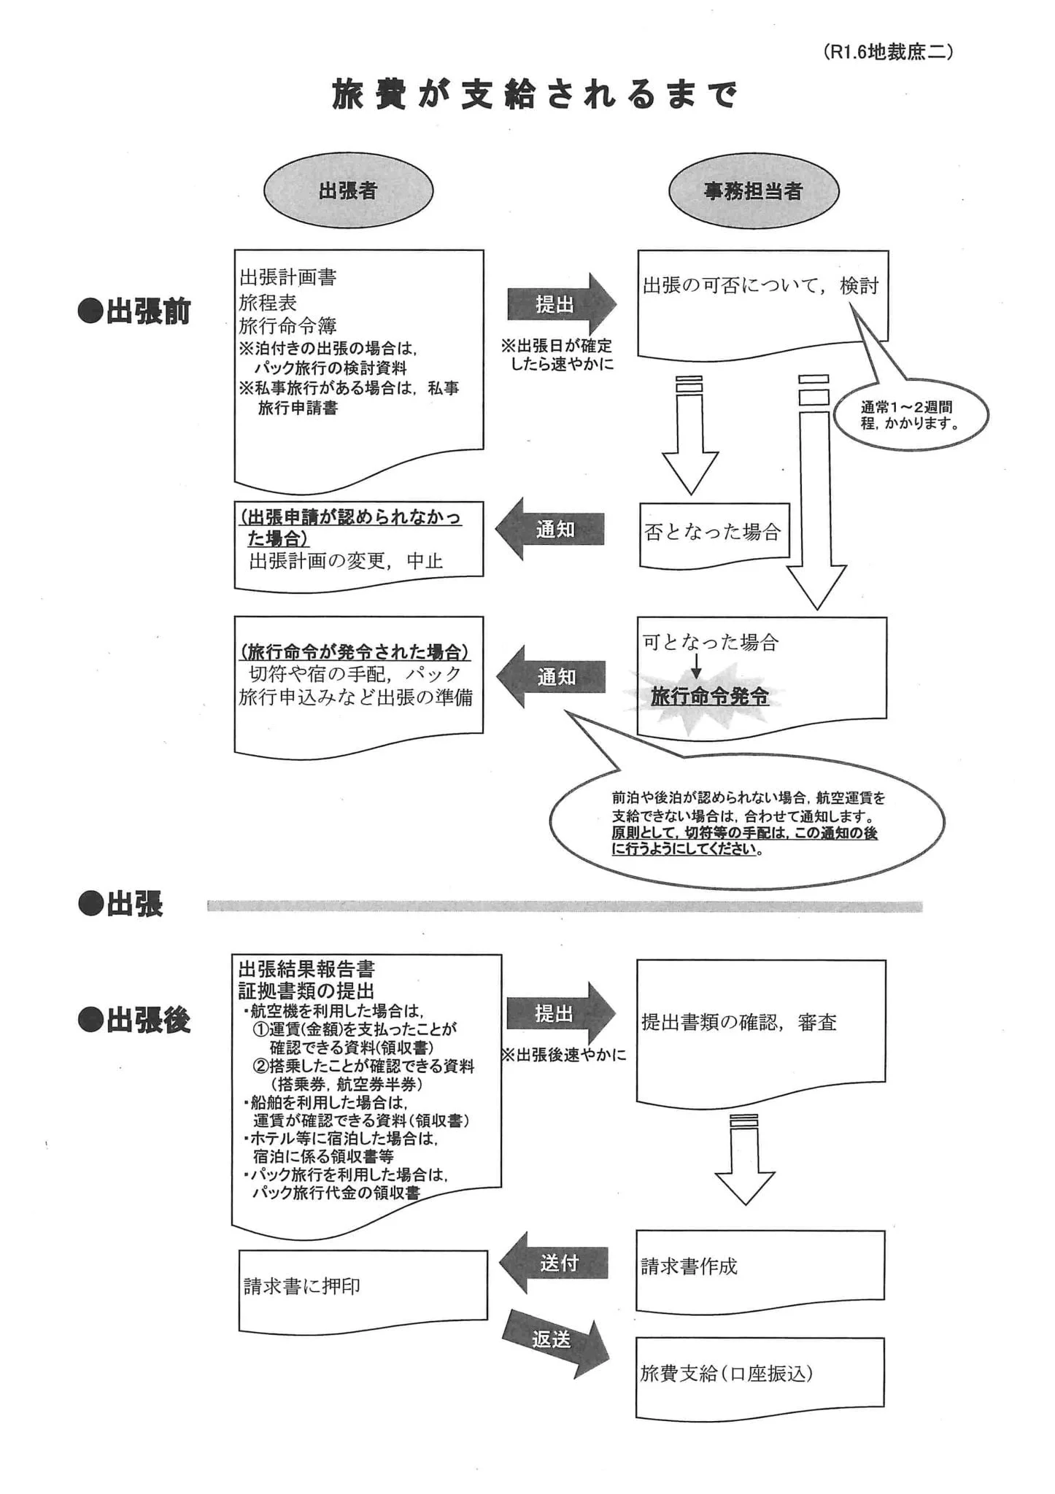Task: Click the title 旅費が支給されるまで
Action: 534,95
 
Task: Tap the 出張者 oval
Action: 348,191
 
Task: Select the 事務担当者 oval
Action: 753,191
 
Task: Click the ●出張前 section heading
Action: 134,311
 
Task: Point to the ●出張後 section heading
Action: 134,1021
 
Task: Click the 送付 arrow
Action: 555,1263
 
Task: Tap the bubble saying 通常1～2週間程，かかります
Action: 910,416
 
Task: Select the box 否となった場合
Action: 712,533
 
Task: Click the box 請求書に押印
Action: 363,1286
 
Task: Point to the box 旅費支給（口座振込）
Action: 760,1374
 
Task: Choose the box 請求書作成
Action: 760,1266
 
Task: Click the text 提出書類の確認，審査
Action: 738,1022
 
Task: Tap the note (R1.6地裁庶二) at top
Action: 887,53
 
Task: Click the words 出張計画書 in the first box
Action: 288,277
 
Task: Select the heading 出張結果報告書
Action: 306,969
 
